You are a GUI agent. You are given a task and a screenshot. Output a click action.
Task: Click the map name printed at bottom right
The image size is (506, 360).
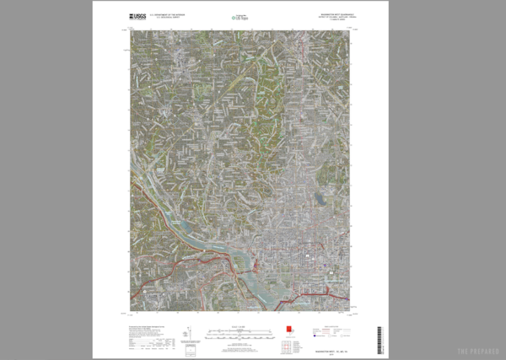click(325, 347)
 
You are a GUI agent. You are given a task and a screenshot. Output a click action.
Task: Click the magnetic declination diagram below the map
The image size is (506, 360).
click(190, 332)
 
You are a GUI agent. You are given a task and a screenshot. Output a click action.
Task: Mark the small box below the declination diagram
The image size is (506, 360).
click(190, 347)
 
